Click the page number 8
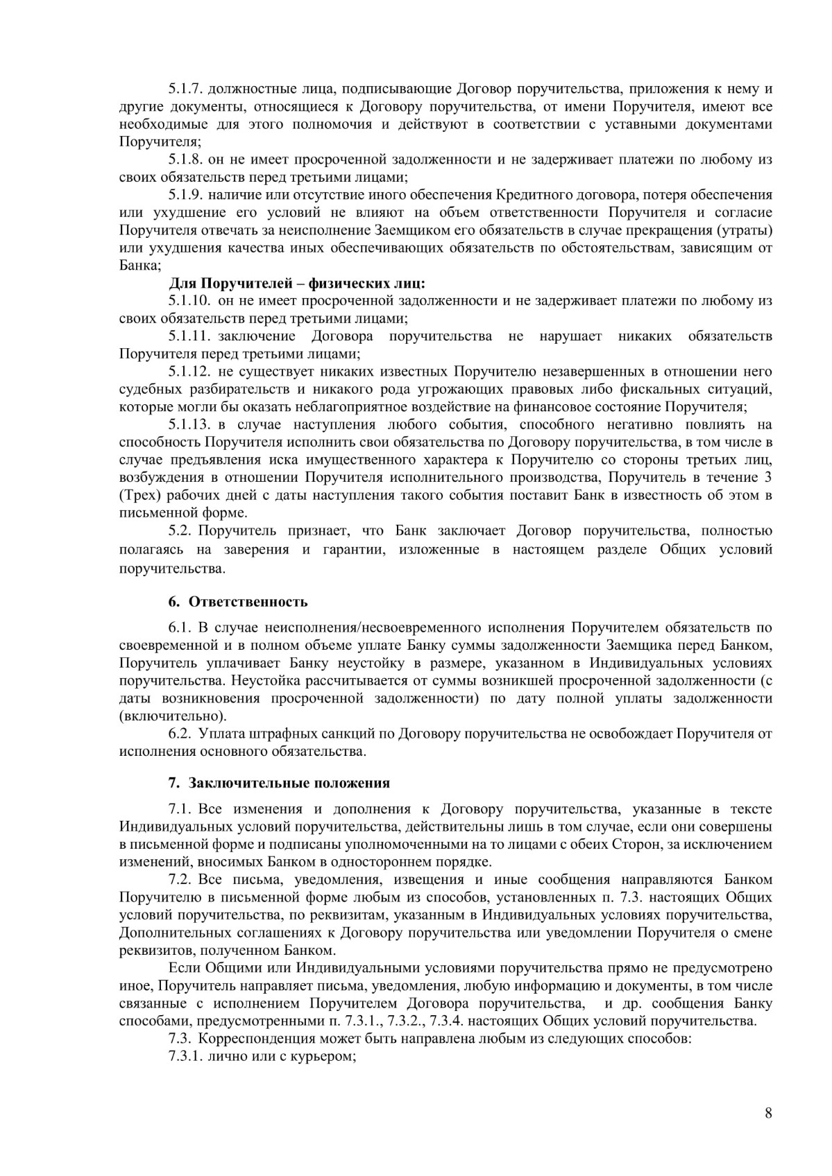(768, 1114)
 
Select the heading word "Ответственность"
(248, 601)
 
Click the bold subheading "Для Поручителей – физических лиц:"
(297, 283)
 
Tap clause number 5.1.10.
(188, 300)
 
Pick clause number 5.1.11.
(188, 336)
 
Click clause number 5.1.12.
(188, 372)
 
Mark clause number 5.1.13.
(188, 424)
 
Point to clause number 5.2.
(180, 531)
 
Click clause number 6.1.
(180, 628)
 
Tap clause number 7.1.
(180, 809)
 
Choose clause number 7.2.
(180, 880)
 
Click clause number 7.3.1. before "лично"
(185, 1057)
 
